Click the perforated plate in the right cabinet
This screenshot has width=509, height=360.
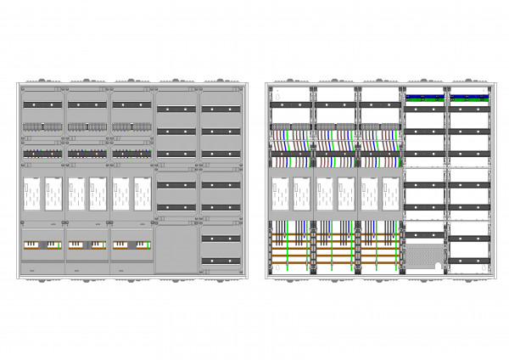(x=426, y=256)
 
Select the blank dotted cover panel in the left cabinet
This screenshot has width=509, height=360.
(x=176, y=246)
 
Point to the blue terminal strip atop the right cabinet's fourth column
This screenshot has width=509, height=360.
(x=426, y=97)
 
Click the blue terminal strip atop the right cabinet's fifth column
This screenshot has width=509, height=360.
(x=470, y=97)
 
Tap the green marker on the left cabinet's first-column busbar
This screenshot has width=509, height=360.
(x=60, y=245)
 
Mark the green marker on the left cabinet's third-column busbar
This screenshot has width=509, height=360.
(x=148, y=245)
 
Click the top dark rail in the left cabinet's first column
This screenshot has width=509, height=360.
(x=43, y=104)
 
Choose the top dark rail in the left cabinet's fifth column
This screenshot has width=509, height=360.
(x=221, y=110)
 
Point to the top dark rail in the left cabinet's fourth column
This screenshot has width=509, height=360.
(x=176, y=110)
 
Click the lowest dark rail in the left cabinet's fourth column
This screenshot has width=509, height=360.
(x=176, y=206)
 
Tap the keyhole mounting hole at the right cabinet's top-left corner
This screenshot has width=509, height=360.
(x=276, y=89)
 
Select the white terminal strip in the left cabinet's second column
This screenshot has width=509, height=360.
(x=87, y=127)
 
